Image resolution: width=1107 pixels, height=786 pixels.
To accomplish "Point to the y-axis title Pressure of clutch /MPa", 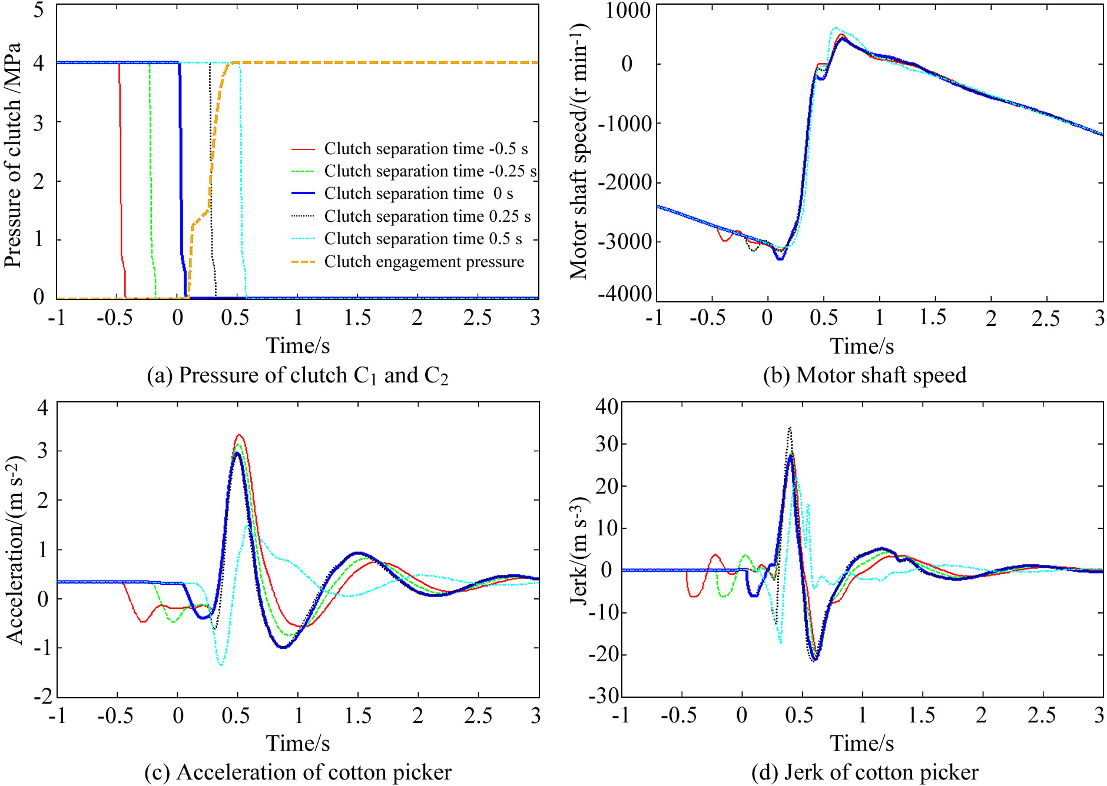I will (13, 155).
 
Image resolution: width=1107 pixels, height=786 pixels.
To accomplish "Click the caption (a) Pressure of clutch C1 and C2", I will (297, 375).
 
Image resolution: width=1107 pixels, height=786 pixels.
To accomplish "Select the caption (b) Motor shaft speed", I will (864, 375).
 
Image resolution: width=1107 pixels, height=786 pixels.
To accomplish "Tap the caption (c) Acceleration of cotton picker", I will (297, 772).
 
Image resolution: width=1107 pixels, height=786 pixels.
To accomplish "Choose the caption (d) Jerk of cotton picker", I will (864, 772).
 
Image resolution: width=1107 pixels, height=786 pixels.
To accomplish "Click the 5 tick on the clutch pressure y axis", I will (39, 10).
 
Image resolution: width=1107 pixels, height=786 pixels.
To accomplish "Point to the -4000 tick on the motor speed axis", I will (625, 294).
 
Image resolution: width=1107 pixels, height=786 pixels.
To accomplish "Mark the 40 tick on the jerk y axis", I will (606, 407).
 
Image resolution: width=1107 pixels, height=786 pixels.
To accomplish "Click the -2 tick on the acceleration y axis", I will (42, 697).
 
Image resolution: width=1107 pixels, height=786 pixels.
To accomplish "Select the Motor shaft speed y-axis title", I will (579, 151).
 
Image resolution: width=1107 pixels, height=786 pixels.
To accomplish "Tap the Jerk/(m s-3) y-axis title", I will (579, 550).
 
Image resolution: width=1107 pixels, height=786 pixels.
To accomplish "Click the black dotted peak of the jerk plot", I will (790, 428).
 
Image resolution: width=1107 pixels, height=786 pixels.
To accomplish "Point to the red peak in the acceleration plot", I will (238, 435).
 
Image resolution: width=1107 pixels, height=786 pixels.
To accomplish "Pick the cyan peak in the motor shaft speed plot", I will (835, 28).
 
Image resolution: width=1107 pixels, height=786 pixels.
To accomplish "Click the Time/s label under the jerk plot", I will (862, 743).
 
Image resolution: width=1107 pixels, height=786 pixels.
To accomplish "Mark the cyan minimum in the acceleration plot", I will (220, 664).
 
